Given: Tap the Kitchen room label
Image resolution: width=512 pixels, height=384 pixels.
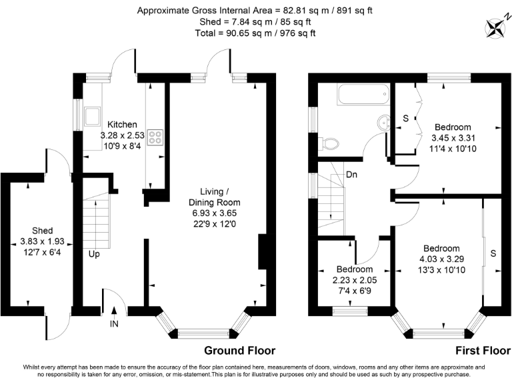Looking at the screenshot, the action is click(x=122, y=125).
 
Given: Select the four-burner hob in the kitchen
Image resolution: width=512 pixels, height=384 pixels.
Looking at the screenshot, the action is click(x=155, y=137).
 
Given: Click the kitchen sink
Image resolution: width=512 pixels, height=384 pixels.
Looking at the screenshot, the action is click(x=93, y=117).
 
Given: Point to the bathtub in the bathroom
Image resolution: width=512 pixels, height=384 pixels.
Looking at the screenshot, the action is click(x=364, y=95).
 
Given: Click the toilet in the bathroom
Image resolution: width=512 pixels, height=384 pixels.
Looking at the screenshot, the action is click(x=329, y=143).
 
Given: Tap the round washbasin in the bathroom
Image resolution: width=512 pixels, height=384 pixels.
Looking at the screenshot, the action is click(x=384, y=123).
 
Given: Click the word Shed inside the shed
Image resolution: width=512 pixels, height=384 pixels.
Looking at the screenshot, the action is click(x=43, y=231).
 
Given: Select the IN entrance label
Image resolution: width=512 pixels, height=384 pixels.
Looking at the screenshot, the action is click(x=114, y=323).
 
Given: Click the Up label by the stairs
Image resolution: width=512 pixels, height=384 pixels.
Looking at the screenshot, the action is click(x=94, y=254).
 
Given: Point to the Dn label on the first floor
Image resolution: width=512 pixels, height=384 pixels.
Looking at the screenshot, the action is click(x=351, y=175).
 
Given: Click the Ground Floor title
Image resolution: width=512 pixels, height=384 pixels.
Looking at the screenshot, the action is click(x=240, y=351).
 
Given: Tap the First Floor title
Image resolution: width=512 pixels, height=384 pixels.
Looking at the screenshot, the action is click(x=483, y=351).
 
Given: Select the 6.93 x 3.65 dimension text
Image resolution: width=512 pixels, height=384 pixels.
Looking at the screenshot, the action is click(x=215, y=213).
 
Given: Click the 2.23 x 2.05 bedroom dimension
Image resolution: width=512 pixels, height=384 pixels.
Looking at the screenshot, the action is click(x=355, y=280).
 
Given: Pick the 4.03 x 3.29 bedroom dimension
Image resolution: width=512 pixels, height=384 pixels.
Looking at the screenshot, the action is click(x=441, y=259).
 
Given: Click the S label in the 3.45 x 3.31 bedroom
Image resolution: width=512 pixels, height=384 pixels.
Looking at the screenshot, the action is click(x=405, y=119).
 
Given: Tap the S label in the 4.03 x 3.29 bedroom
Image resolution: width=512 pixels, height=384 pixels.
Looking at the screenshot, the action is click(x=493, y=253).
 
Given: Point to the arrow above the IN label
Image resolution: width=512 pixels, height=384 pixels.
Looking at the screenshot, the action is click(x=114, y=311).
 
